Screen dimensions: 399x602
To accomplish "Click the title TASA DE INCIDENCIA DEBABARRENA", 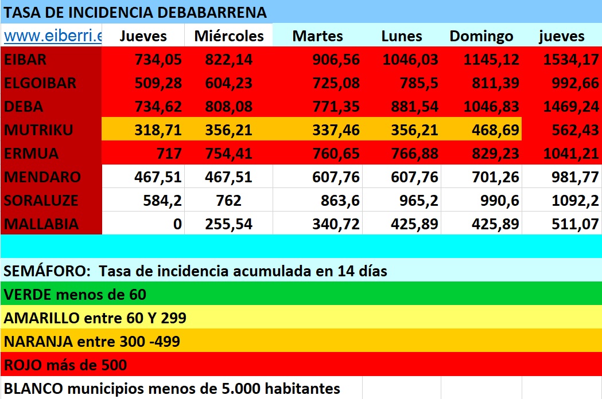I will pos(135,11).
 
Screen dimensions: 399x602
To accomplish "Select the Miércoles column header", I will pos(229,36).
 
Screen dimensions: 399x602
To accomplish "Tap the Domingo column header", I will pos(481,36).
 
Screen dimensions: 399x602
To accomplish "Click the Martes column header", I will pos(317,36).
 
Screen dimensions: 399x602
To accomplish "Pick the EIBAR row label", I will pos(25,60).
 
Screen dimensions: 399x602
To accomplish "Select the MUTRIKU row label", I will pos(38,130).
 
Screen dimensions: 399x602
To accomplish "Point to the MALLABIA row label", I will pos(41,224).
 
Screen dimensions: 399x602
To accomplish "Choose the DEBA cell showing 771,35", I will pos(336,107).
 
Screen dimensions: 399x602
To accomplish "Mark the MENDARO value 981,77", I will pos(574,177).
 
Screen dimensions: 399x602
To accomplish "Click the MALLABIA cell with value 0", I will pos(177,224).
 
